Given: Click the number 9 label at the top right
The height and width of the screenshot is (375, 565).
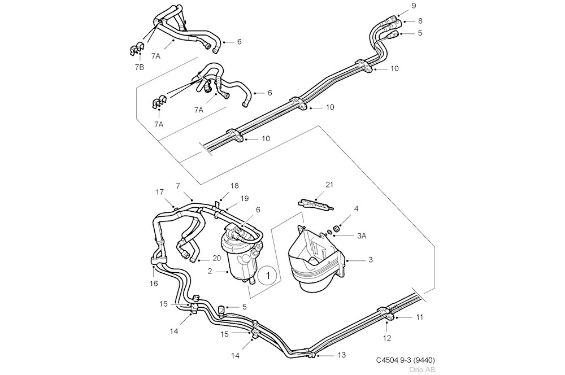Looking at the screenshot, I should point(414,6).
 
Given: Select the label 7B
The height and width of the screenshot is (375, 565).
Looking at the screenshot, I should point(139,67).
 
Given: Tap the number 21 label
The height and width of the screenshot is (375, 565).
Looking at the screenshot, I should point(330,185).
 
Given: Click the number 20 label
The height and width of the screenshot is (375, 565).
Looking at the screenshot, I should point(216,258).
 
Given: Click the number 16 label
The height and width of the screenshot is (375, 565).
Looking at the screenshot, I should point(154,284).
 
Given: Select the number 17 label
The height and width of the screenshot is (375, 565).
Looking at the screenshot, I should point(160,192).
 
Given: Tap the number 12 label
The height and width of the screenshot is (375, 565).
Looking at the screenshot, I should point(388,338).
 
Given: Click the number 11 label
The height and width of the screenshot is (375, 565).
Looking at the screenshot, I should point(419,317).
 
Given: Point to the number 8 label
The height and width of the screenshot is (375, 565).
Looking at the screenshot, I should point(420,20).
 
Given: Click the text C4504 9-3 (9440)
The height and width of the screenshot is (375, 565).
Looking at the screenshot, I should point(405,360).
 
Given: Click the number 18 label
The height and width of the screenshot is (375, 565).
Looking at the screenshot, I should point(235,186).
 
